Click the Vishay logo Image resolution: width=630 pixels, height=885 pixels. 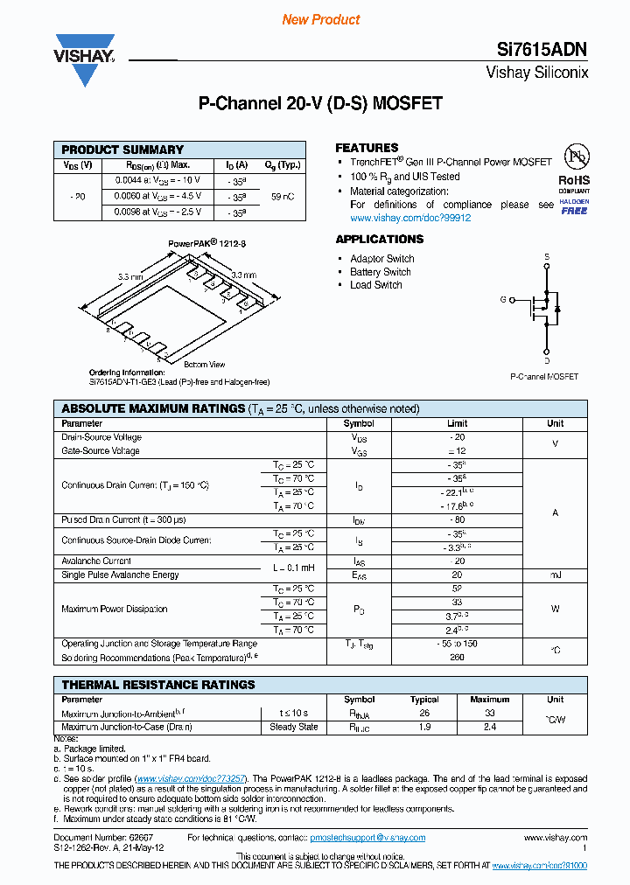click(x=85, y=59)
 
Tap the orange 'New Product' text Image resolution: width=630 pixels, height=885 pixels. click(x=321, y=19)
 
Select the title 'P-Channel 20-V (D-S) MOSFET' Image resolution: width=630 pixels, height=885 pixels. click(x=320, y=103)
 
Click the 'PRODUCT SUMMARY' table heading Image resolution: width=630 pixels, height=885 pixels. click(x=122, y=150)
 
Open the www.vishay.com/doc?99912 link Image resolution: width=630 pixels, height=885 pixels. click(x=409, y=218)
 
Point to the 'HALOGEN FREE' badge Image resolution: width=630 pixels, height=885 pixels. click(x=575, y=207)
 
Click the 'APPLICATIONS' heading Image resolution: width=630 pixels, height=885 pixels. click(x=380, y=240)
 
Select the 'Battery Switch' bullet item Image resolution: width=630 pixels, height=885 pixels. click(x=381, y=272)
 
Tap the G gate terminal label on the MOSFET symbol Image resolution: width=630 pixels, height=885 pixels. click(x=503, y=299)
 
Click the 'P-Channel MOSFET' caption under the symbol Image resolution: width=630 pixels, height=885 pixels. click(x=543, y=377)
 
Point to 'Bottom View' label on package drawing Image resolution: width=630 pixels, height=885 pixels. click(x=204, y=364)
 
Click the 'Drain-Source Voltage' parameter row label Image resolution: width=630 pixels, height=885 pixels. click(x=101, y=437)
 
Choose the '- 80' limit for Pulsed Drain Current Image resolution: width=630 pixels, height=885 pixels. click(x=457, y=519)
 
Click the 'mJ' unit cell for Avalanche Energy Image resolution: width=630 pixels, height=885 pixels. click(x=556, y=575)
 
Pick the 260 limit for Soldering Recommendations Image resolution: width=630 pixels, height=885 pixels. click(x=457, y=658)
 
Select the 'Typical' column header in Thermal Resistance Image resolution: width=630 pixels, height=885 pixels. click(x=424, y=700)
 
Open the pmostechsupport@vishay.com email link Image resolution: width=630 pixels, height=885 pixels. click(x=367, y=838)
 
